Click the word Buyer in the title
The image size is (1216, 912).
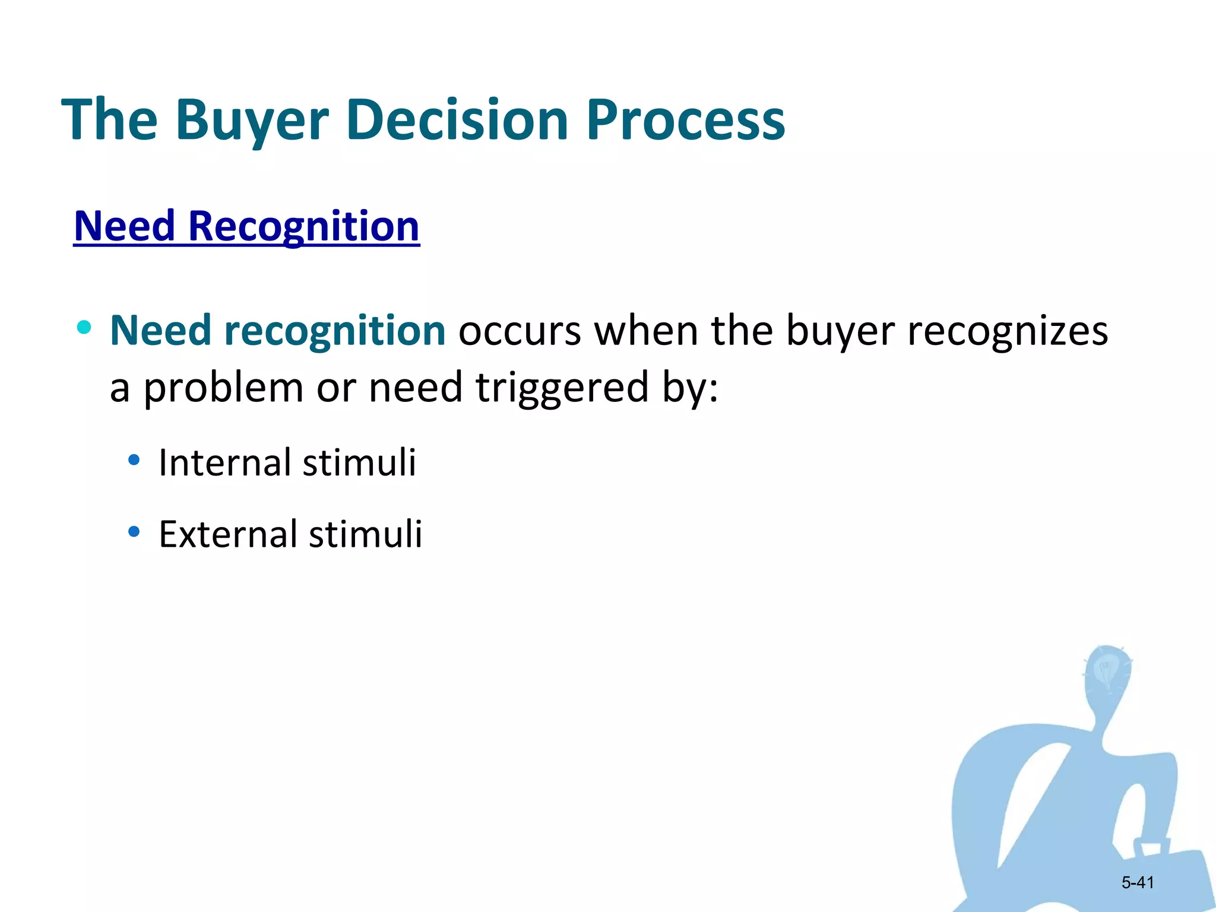tap(252, 121)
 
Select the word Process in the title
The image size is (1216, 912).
tap(686, 121)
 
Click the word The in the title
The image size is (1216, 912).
tap(110, 121)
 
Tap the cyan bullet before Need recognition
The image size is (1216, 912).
tap(84, 327)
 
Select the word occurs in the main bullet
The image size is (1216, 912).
tap(520, 331)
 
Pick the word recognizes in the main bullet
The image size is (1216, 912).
tap(1007, 331)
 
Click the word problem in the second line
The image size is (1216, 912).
tap(223, 388)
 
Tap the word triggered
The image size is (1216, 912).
tap(562, 388)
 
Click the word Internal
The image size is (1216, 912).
tap(224, 463)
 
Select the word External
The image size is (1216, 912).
tap(227, 534)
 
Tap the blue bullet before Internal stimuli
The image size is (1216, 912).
tap(134, 460)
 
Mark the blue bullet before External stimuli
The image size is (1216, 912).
tap(134, 531)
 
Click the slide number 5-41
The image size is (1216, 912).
tap(1137, 883)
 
